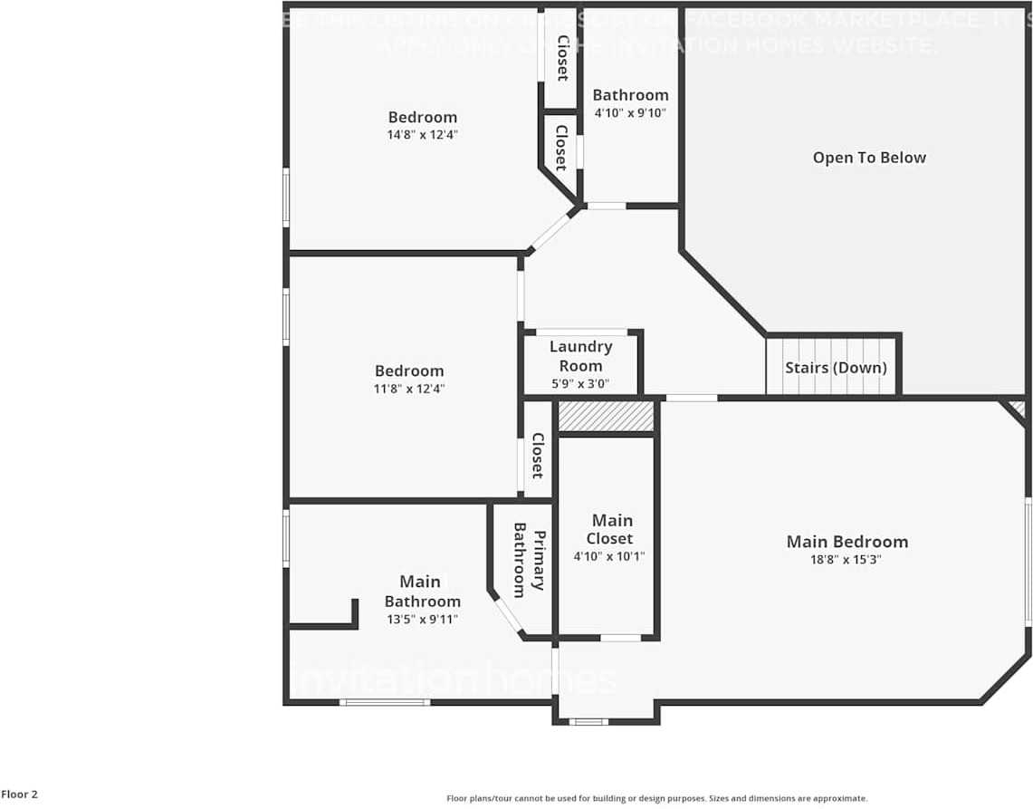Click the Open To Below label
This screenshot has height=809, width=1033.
869,158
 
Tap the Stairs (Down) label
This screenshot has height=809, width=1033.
835,368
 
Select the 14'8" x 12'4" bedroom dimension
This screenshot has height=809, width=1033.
423,135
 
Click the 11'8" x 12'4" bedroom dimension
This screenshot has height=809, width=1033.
409,389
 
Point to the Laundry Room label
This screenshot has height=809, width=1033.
580,356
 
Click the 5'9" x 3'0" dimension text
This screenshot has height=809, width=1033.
580,384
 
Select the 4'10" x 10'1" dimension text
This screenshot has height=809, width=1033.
609,556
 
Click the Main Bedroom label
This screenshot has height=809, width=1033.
846,542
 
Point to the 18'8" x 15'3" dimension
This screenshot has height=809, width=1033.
846,560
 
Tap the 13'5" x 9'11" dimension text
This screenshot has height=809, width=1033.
422,620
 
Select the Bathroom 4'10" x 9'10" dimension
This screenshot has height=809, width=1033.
630,113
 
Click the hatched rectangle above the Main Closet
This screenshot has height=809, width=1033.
606,417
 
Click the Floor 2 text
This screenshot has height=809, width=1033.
19,795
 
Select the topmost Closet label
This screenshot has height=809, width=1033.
561,58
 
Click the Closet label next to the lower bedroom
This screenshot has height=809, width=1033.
536,456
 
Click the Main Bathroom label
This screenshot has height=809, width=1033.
422,591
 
